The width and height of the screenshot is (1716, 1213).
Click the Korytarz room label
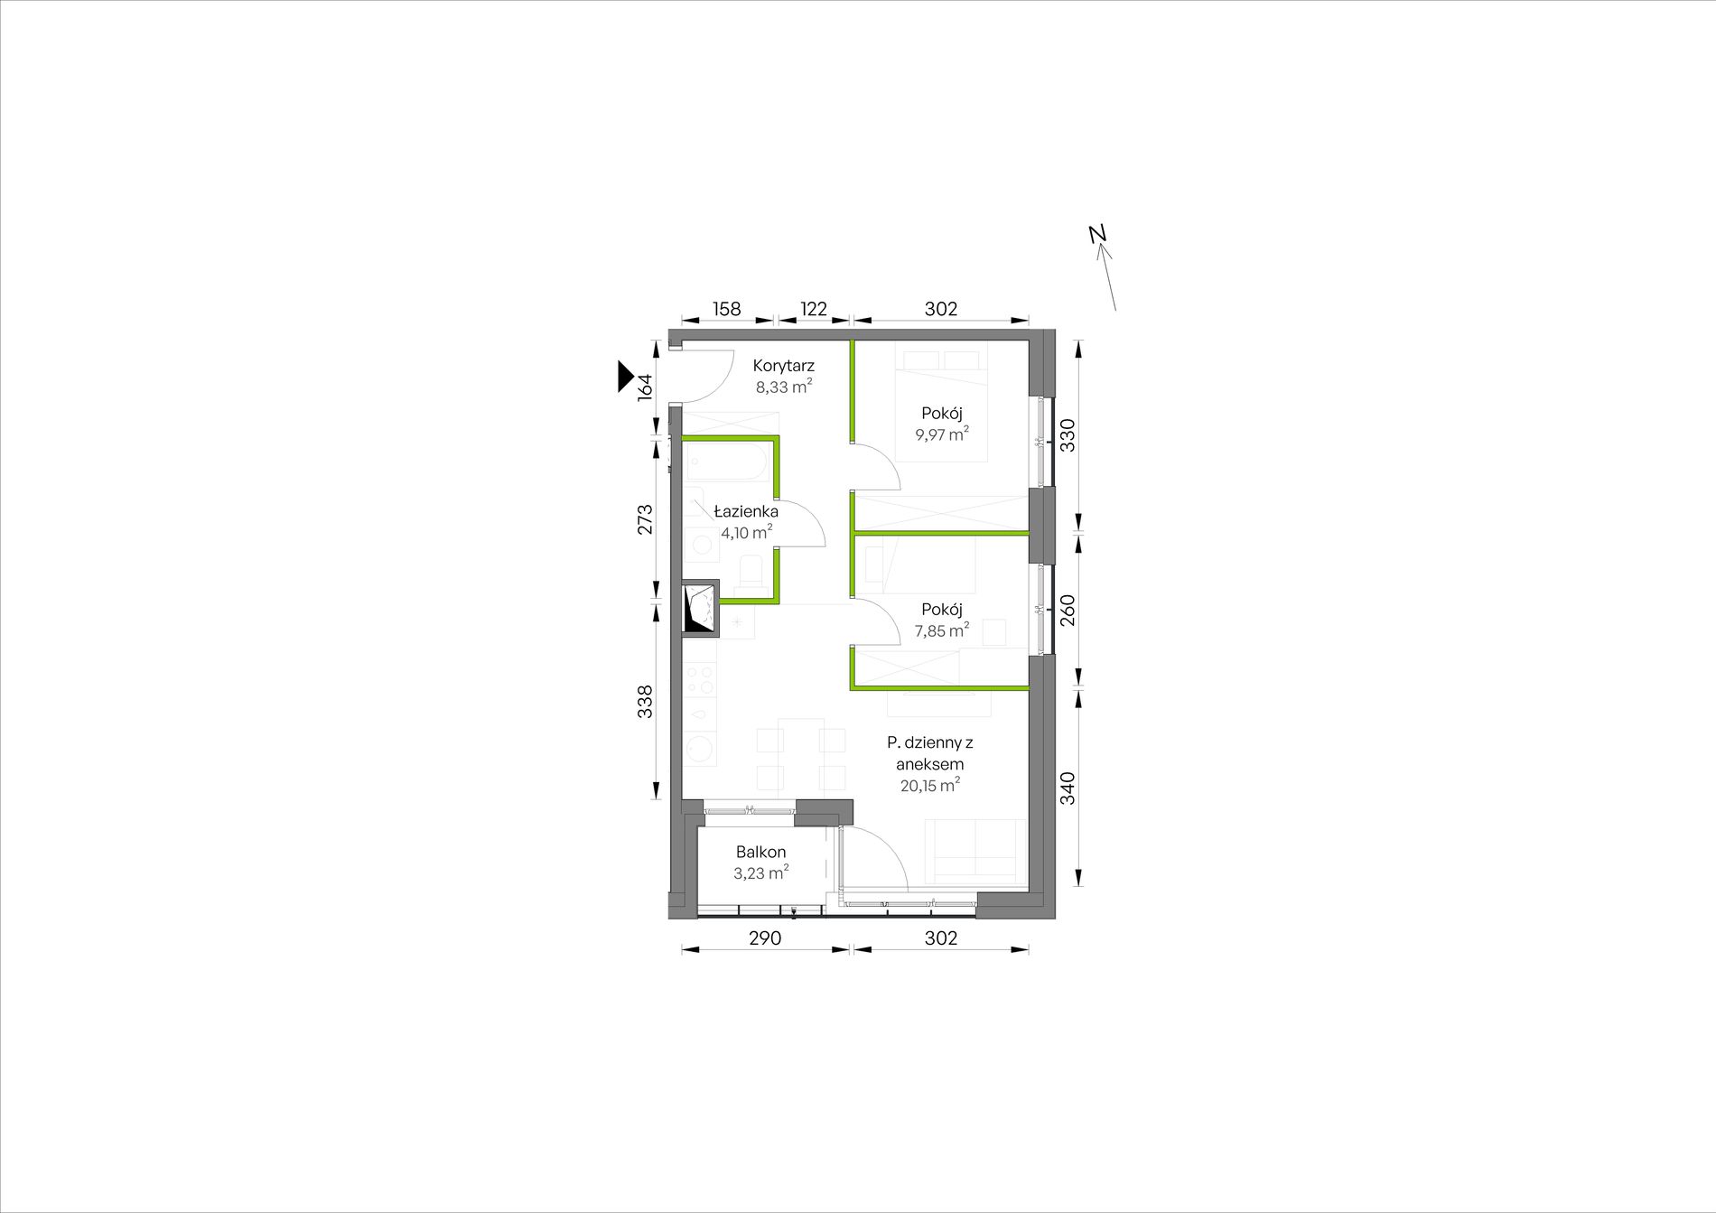[x=784, y=366]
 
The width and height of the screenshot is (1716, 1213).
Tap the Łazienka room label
[x=746, y=511]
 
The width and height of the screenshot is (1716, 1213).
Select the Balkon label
[x=760, y=852]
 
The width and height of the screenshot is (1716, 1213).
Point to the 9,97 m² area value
[x=942, y=434]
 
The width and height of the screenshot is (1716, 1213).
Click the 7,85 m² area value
[x=942, y=630]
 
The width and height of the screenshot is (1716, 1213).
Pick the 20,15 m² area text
[x=929, y=785]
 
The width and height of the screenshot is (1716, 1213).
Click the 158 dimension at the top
[x=726, y=309]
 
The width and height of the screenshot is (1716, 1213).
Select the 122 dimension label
[x=814, y=309]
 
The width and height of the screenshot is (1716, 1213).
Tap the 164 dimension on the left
[x=645, y=387]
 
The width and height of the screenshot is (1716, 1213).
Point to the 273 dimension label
[x=645, y=519]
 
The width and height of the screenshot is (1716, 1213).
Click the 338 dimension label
[x=645, y=702]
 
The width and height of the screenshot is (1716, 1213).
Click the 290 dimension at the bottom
[x=764, y=938]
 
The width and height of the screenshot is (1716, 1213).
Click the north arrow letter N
[x=1097, y=233]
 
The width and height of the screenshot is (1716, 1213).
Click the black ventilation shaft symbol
[x=701, y=609]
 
